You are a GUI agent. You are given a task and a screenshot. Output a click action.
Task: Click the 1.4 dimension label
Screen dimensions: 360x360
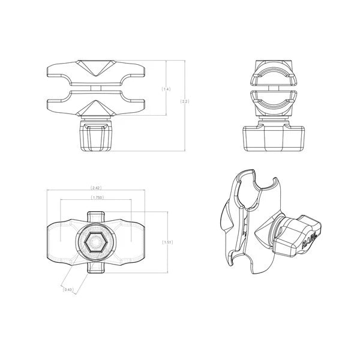pos(166,89)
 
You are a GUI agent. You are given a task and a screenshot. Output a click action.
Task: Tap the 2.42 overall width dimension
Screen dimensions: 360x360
pos(95,188)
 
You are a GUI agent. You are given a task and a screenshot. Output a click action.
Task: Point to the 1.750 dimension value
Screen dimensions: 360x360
pos(95,198)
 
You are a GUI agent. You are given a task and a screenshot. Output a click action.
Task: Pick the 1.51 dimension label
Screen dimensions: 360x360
pos(168,242)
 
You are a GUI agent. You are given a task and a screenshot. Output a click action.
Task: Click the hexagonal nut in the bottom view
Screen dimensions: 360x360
pos(95,243)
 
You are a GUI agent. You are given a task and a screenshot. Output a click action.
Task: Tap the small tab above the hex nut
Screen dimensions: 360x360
pos(95,217)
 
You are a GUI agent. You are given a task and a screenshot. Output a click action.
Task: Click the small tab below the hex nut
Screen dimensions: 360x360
pos(95,266)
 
